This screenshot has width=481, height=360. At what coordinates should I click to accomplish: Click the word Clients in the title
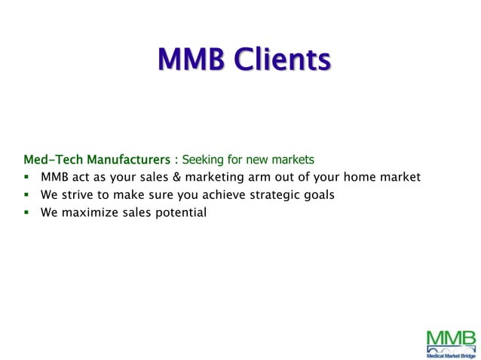point(282,59)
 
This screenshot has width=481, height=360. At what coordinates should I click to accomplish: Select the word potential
point(179,212)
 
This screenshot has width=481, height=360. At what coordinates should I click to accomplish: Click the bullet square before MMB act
point(26,178)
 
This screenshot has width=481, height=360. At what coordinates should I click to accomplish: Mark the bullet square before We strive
point(26,196)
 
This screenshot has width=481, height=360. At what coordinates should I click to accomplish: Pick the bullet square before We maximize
point(26,213)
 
